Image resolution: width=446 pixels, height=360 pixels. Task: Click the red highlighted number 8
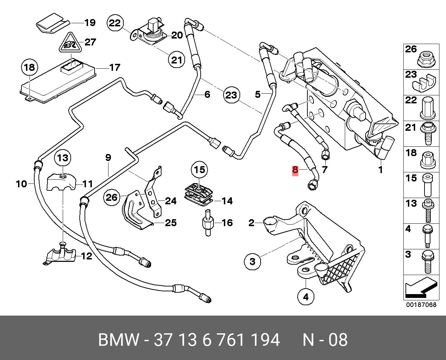coord(295,170)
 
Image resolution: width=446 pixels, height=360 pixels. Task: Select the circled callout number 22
coord(115,23)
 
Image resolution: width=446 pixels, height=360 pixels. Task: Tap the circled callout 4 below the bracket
coord(306,297)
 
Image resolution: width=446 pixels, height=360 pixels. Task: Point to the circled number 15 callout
coord(199,170)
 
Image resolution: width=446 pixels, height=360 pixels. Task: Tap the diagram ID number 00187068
coord(421,305)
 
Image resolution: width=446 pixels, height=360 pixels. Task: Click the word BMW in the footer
coord(119,340)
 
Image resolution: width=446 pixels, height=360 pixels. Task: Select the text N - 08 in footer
coord(325,340)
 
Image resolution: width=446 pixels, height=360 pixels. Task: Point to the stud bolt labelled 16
coord(208,223)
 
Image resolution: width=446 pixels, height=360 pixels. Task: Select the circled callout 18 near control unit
coord(30,68)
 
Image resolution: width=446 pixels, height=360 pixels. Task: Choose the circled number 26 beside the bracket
coord(112,197)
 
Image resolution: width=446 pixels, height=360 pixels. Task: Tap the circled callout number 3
coord(252,262)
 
